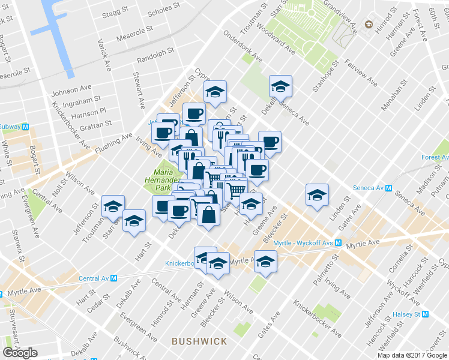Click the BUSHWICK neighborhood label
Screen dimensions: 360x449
tap(199, 341)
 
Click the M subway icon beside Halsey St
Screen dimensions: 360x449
tap(426, 314)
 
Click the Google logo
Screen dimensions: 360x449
tap(20, 353)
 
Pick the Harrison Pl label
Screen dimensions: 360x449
tap(88, 112)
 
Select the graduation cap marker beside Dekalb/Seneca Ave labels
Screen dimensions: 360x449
tap(280, 86)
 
